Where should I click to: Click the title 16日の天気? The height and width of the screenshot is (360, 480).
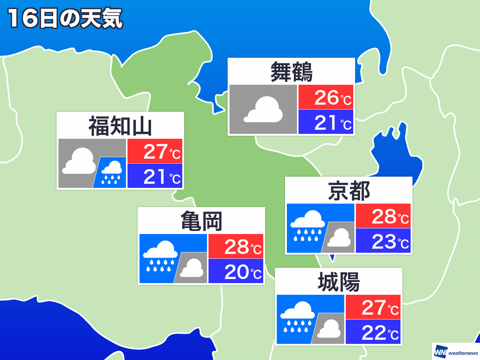[65, 18]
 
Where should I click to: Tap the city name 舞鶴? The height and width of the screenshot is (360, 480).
[291, 72]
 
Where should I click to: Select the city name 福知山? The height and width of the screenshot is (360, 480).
[120, 126]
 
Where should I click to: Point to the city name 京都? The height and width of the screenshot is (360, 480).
[349, 191]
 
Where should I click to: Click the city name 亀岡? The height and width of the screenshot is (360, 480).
[201, 221]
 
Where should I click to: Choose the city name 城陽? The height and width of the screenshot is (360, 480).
[339, 282]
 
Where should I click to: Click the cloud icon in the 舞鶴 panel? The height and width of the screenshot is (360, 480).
[264, 109]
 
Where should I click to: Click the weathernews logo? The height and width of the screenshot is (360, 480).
[456, 352]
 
